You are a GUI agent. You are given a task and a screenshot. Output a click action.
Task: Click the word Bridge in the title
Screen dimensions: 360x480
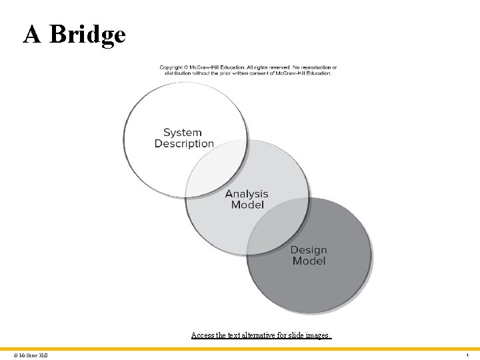(87, 34)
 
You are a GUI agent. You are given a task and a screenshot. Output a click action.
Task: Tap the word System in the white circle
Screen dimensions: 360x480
(182, 132)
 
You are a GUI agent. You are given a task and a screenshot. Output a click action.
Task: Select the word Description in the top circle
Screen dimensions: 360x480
(184, 143)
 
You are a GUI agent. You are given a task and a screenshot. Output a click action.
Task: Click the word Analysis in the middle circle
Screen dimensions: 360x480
(247, 194)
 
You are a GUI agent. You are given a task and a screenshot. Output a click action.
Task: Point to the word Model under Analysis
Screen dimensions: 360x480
(247, 205)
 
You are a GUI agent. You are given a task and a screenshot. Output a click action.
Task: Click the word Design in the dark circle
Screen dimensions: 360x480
(309, 250)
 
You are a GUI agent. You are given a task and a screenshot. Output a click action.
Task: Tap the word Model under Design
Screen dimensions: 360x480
(309, 261)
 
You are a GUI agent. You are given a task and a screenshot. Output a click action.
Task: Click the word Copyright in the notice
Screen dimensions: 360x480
(171, 67)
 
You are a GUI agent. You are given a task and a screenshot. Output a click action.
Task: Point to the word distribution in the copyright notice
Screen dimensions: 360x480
(181, 73)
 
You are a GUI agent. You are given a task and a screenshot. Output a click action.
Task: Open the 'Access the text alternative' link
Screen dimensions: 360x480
(261, 335)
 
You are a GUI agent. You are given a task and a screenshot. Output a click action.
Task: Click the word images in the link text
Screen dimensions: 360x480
(315, 335)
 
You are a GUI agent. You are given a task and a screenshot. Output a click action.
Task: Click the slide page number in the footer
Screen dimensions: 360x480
(467, 355)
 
